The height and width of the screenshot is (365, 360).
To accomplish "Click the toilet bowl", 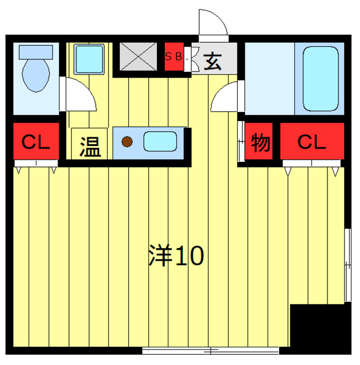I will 35,76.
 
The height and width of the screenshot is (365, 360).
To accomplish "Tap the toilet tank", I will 35,51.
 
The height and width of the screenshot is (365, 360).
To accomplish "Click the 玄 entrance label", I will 212,59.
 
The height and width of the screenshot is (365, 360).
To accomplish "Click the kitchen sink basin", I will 161,141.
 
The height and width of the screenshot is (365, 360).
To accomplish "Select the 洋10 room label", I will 176,257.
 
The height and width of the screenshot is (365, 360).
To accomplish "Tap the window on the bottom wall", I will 210,349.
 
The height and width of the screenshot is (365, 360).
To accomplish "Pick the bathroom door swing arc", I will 225,97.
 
